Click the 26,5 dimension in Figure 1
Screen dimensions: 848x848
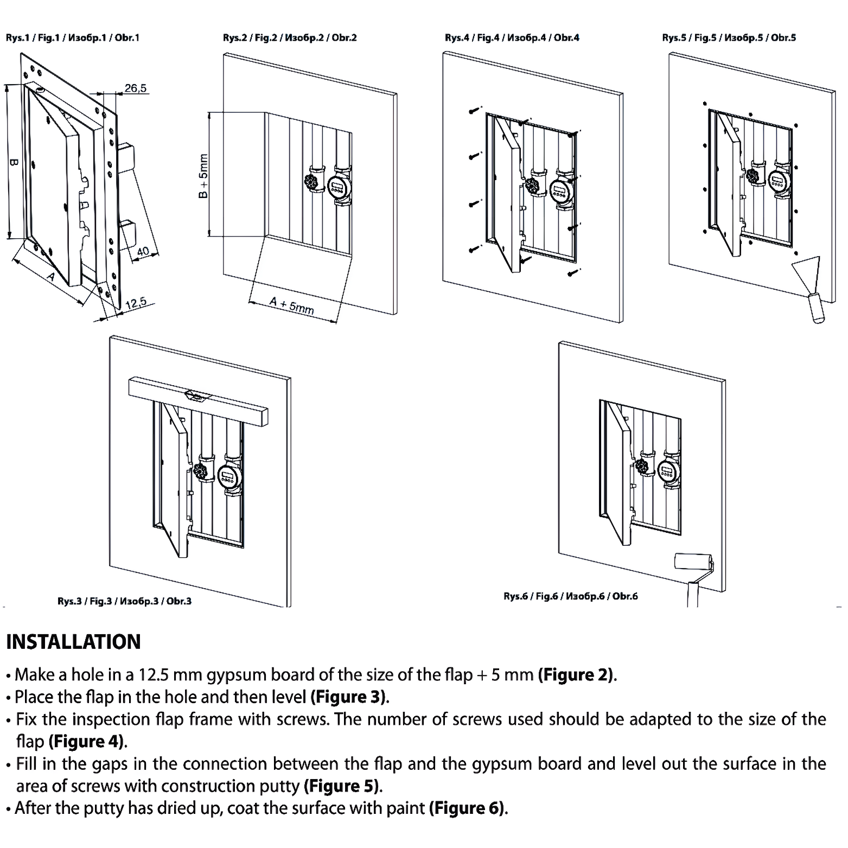pos(136,88)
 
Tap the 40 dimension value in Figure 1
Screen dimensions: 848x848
pos(142,252)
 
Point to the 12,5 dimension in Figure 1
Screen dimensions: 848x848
pos(136,303)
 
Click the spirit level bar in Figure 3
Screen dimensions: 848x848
pos(199,402)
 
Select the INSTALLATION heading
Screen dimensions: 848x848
pos(73,642)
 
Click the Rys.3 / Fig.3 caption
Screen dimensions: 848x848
pos(124,601)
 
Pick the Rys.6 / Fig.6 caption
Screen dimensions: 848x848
pos(570,596)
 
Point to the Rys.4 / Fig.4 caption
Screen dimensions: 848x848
pos(512,37)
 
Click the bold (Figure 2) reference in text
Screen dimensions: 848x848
pos(576,675)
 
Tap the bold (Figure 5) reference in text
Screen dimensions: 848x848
pos(342,786)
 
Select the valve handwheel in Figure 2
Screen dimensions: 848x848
pos(313,182)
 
